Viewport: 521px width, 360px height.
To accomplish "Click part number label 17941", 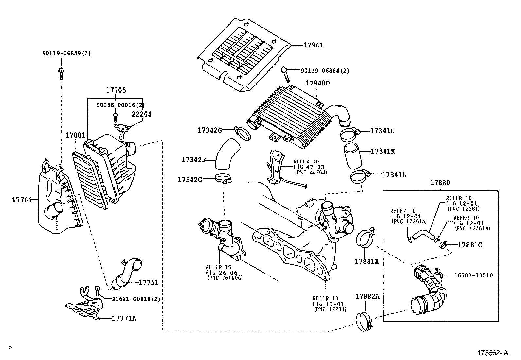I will point(313,45).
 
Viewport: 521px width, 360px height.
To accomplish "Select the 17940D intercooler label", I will point(317,83).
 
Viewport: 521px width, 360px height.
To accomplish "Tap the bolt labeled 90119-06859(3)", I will point(61,73).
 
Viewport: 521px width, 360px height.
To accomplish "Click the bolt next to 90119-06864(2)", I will point(285,74).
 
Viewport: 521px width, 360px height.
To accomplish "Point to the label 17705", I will point(116,90).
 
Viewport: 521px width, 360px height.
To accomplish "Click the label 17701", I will point(22,199).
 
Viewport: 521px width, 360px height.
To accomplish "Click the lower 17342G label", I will point(189,180).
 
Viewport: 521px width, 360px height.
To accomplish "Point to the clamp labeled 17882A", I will point(365,322).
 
